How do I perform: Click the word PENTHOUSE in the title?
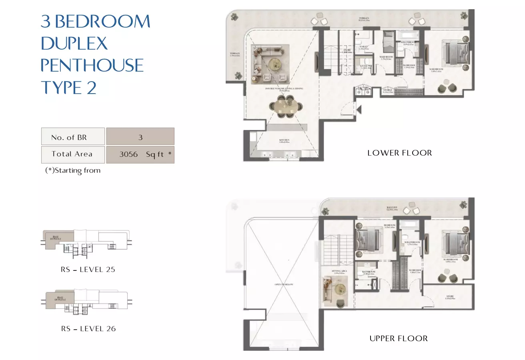[x=92, y=65]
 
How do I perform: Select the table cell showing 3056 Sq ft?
[x=140, y=154]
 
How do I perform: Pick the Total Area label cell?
[x=72, y=154]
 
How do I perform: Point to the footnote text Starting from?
[x=73, y=170]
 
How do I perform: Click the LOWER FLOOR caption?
[x=399, y=153]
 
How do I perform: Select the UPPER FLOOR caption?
[x=399, y=338]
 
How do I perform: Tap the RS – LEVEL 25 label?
[x=88, y=270]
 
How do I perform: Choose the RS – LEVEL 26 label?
[x=88, y=329]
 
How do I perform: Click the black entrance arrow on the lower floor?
[x=359, y=109]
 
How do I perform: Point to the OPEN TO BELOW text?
[x=284, y=284]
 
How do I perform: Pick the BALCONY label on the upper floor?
[x=392, y=208]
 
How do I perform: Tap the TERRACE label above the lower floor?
[x=364, y=18]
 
